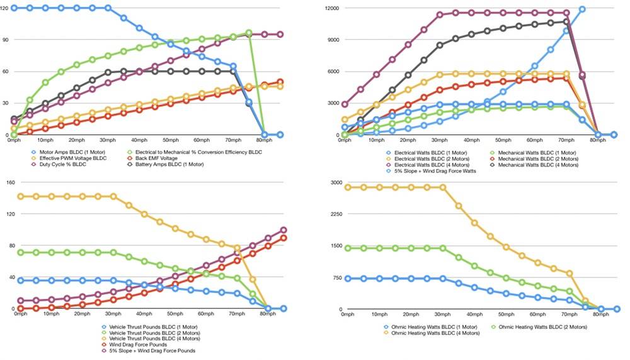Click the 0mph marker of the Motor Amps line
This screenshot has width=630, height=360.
(14, 8)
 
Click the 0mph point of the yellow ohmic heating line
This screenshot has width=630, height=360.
(348, 187)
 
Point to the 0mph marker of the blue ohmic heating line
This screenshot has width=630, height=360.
(348, 279)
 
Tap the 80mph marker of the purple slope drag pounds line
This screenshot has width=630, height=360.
(283, 230)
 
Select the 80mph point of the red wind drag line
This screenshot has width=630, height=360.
(283, 238)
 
